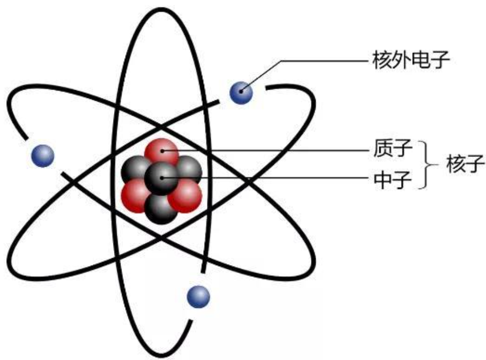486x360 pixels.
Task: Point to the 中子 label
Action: pyautogui.click(x=393, y=179)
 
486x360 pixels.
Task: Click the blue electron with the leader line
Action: pyautogui.click(x=241, y=93)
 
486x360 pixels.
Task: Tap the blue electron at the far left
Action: pyautogui.click(x=42, y=155)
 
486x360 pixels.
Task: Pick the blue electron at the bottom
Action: pyautogui.click(x=198, y=296)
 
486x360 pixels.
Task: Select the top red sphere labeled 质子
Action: pyautogui.click(x=161, y=152)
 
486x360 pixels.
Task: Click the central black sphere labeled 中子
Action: pyautogui.click(x=161, y=178)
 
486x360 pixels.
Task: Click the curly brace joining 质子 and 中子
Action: pyautogui.click(x=424, y=165)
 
